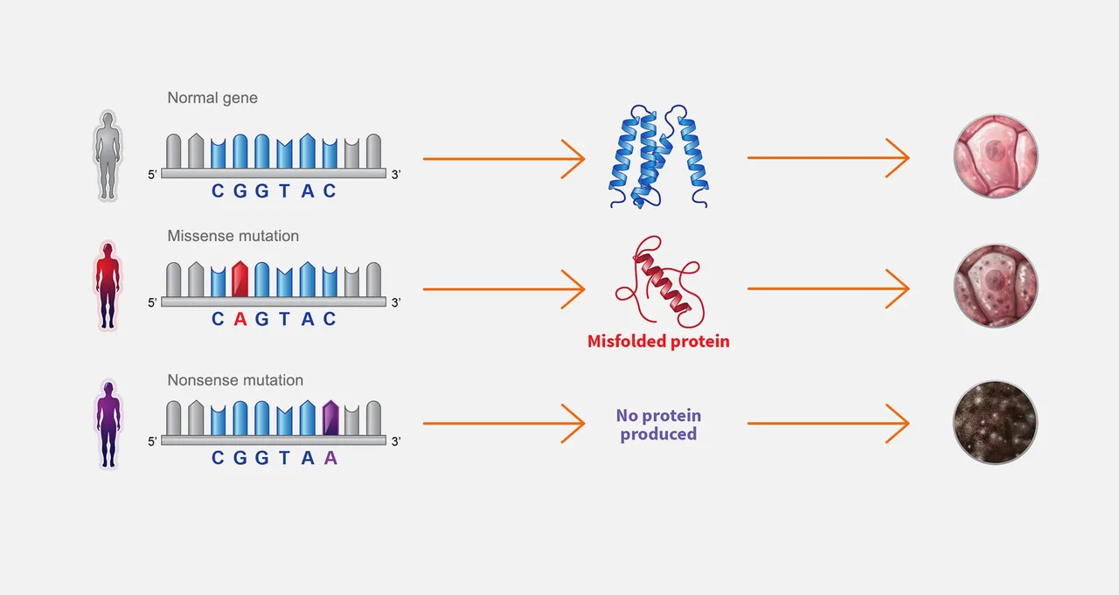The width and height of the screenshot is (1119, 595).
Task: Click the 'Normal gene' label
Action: tap(212, 98)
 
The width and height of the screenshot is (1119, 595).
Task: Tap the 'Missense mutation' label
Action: tap(233, 236)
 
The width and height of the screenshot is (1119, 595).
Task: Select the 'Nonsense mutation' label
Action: tap(235, 380)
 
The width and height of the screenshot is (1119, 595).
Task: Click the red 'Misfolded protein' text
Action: tap(658, 342)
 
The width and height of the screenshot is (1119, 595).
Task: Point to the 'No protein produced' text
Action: tap(658, 425)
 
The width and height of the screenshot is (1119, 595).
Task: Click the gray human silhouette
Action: tap(108, 156)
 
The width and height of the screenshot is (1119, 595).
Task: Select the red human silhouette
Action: tap(108, 286)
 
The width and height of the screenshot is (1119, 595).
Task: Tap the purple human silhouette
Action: tap(108, 425)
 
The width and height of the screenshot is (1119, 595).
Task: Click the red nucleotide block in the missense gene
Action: tap(240, 279)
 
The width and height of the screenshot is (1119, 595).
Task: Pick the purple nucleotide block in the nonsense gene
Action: tap(330, 418)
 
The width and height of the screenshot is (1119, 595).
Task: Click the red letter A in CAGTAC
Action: tap(240, 318)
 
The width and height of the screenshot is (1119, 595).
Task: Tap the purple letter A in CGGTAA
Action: tap(330, 457)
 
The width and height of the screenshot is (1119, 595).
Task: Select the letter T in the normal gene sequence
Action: tap(284, 190)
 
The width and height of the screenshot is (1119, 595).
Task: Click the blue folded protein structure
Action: tap(658, 156)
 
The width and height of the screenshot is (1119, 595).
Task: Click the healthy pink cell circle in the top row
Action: tap(996, 156)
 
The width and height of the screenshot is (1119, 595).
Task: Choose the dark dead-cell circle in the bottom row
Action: tap(995, 422)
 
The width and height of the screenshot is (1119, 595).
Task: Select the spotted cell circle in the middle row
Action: tap(996, 286)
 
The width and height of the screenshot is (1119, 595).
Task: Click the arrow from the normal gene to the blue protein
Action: tap(504, 159)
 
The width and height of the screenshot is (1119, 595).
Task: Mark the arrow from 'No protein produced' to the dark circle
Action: tap(828, 423)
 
